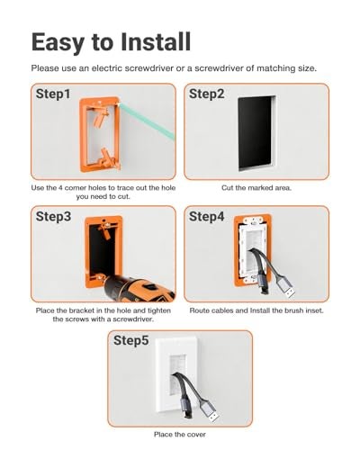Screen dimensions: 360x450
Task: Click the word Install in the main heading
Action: click(x=156, y=41)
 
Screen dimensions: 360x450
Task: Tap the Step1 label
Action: click(x=53, y=94)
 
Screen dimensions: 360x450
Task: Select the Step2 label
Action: click(x=206, y=94)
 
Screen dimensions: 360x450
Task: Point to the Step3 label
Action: click(x=53, y=216)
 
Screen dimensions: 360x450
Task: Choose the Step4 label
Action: click(x=206, y=216)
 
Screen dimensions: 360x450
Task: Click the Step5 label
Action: click(x=130, y=340)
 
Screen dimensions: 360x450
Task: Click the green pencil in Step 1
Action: click(x=147, y=121)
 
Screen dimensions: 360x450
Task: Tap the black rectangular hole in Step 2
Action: click(x=255, y=133)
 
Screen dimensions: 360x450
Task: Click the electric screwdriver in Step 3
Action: click(x=138, y=289)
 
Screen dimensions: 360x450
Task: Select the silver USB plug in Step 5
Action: click(x=209, y=411)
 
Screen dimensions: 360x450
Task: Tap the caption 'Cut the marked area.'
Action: click(x=256, y=188)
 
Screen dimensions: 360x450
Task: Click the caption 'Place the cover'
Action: click(x=180, y=435)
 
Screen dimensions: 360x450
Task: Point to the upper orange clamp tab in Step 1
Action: click(x=100, y=117)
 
